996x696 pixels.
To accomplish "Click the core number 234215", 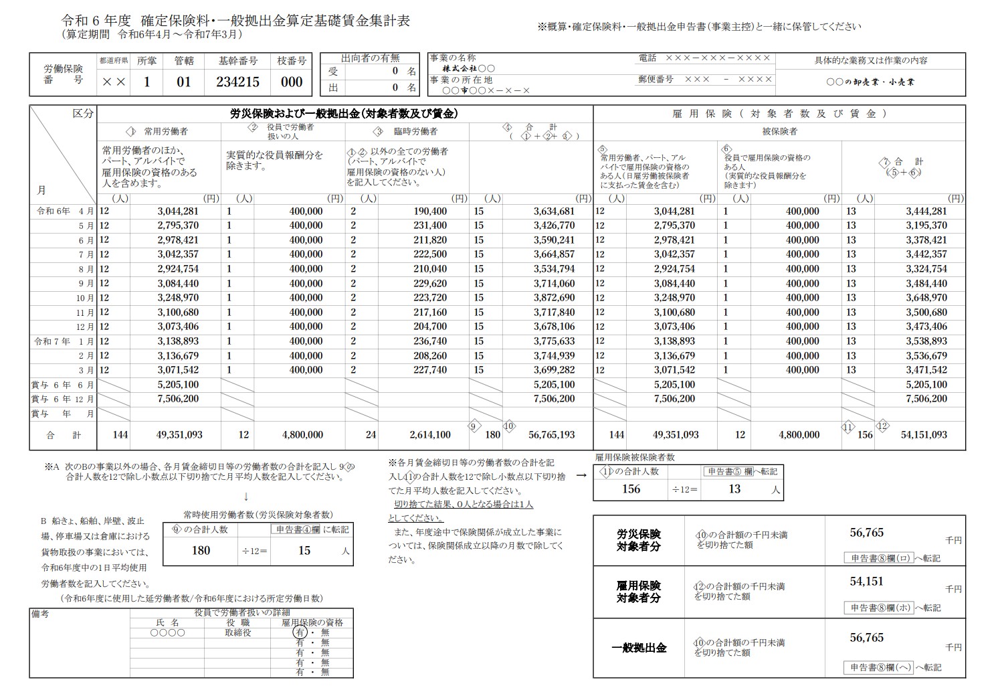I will (x=237, y=82).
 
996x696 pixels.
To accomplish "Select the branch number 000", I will (x=292, y=82).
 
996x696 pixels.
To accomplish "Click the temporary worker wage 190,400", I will (x=430, y=211).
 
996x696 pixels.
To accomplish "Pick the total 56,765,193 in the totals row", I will (x=551, y=434).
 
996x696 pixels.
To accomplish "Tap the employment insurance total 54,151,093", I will (x=924, y=434).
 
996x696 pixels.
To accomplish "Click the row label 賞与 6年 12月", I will (x=63, y=399).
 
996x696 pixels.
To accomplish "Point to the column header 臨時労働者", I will (x=415, y=132).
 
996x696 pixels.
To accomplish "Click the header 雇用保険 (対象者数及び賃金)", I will (x=779, y=114).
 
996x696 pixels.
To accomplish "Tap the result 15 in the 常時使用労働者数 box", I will (x=304, y=550).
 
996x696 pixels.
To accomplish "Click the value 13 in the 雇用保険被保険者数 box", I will (x=734, y=489).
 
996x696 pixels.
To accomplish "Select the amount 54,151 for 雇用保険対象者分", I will (x=866, y=582).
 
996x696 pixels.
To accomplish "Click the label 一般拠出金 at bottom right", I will (x=639, y=648).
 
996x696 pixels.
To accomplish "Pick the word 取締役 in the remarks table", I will (x=238, y=632).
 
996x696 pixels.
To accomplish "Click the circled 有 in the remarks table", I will (x=300, y=632).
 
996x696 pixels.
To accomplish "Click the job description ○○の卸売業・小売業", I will (x=870, y=82).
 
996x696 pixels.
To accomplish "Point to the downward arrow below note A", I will (x=246, y=496).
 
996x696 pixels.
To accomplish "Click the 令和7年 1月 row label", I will (x=63, y=341).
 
